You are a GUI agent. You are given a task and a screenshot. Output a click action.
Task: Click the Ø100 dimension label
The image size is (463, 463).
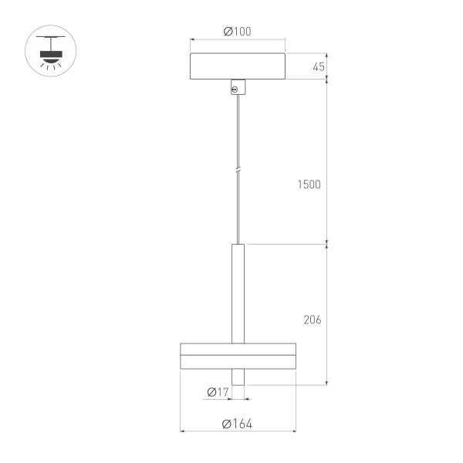(238, 32)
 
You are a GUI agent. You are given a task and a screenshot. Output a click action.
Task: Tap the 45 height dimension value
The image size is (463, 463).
(318, 66)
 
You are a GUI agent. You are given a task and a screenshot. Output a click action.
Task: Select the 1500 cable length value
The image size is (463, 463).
(309, 185)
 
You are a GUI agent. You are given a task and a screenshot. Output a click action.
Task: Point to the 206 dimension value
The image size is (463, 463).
(312, 319)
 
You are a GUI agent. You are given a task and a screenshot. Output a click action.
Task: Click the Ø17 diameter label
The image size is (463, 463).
(218, 392)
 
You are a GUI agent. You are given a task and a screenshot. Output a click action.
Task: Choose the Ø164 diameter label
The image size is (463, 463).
(237, 424)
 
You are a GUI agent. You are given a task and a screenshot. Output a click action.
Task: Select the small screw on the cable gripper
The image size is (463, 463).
(235, 90)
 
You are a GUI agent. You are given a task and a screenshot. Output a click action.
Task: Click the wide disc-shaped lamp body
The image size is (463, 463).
(238, 354)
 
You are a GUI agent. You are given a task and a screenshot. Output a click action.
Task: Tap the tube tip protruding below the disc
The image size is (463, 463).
(238, 377)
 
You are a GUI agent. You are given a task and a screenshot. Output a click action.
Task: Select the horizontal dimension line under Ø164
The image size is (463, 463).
(238, 432)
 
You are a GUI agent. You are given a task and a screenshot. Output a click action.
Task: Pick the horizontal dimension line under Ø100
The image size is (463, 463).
(238, 40)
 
